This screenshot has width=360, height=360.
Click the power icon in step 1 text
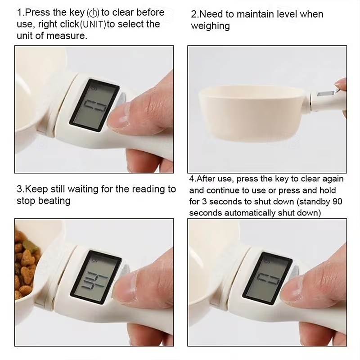click(x=95, y=13)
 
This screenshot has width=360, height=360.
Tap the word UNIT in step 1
click(x=94, y=24)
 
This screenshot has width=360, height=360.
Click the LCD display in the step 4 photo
click(x=267, y=278)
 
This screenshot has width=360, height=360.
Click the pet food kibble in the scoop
click(x=25, y=265)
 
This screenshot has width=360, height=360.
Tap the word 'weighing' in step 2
click(x=210, y=26)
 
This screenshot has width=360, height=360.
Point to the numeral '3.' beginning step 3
click(x=20, y=189)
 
